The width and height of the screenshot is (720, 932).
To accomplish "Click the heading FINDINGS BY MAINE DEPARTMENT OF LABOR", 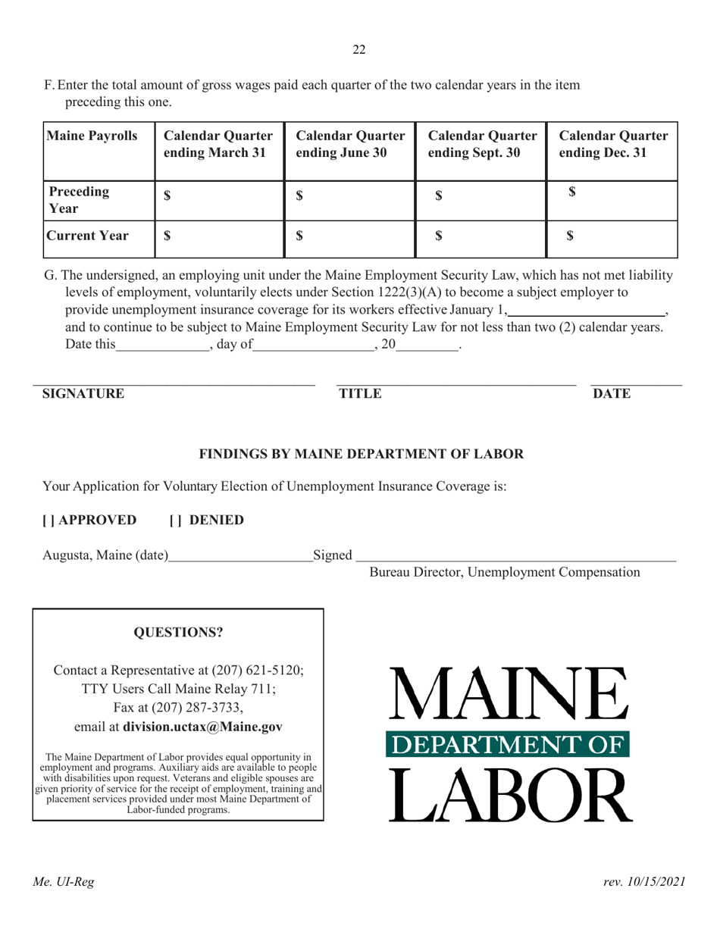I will coord(361,455).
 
